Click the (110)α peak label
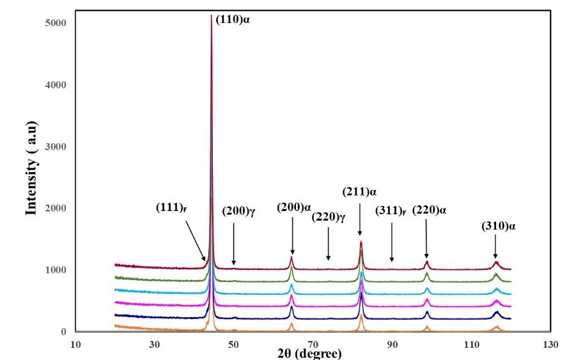(233, 20)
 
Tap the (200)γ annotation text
(238, 210)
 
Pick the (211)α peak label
(360, 191)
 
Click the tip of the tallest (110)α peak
(212, 15)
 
